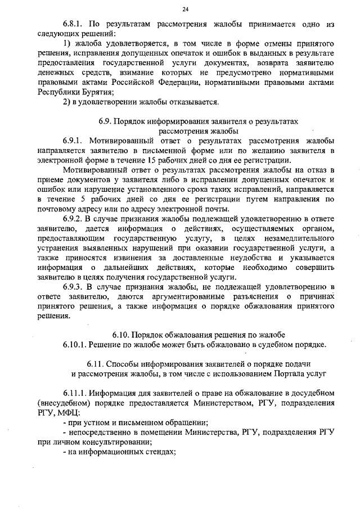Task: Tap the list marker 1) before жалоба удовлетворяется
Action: (x=67, y=43)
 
